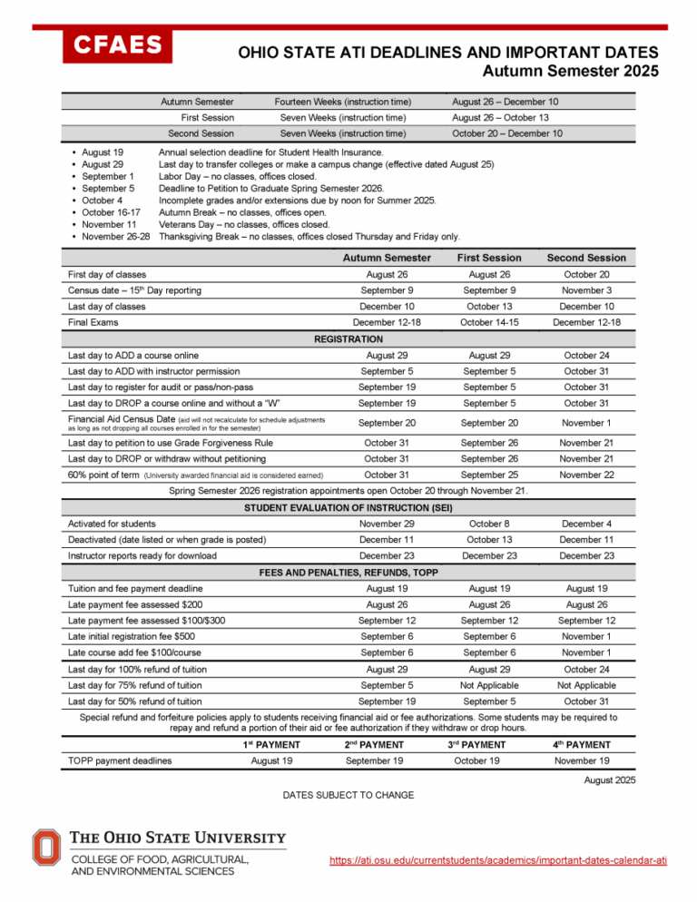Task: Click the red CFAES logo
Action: tap(117, 44)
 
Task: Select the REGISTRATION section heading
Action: tap(349, 337)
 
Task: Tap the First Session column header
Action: tap(490, 259)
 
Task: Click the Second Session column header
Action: tap(593, 259)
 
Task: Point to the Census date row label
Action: tap(135, 290)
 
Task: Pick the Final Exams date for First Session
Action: tap(490, 321)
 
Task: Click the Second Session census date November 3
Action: tap(593, 290)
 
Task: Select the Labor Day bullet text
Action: tap(238, 177)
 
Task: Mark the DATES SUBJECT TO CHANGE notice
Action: tap(349, 795)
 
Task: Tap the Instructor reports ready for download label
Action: tap(142, 555)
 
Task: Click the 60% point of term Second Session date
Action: tap(593, 475)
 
